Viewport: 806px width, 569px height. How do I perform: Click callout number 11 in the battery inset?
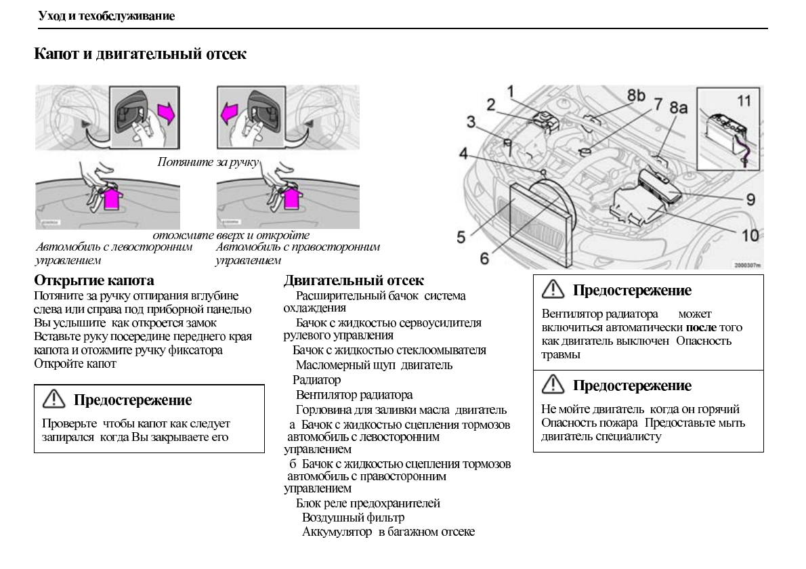(x=744, y=101)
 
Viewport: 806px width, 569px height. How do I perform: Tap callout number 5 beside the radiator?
(x=461, y=236)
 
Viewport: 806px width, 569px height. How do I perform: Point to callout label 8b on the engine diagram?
(x=635, y=96)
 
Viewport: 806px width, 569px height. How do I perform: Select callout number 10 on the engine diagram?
(x=749, y=235)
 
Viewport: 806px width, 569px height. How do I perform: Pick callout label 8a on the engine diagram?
(x=679, y=108)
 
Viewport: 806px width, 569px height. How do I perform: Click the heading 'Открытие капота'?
(x=94, y=280)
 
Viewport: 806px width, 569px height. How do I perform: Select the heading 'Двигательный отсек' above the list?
(x=354, y=280)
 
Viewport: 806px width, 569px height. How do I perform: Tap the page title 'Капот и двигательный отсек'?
(x=140, y=54)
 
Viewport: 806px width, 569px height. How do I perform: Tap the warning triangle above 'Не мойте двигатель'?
(x=553, y=385)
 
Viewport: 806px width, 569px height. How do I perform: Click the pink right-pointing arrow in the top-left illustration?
(x=166, y=112)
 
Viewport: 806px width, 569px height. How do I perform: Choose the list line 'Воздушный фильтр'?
(x=353, y=518)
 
